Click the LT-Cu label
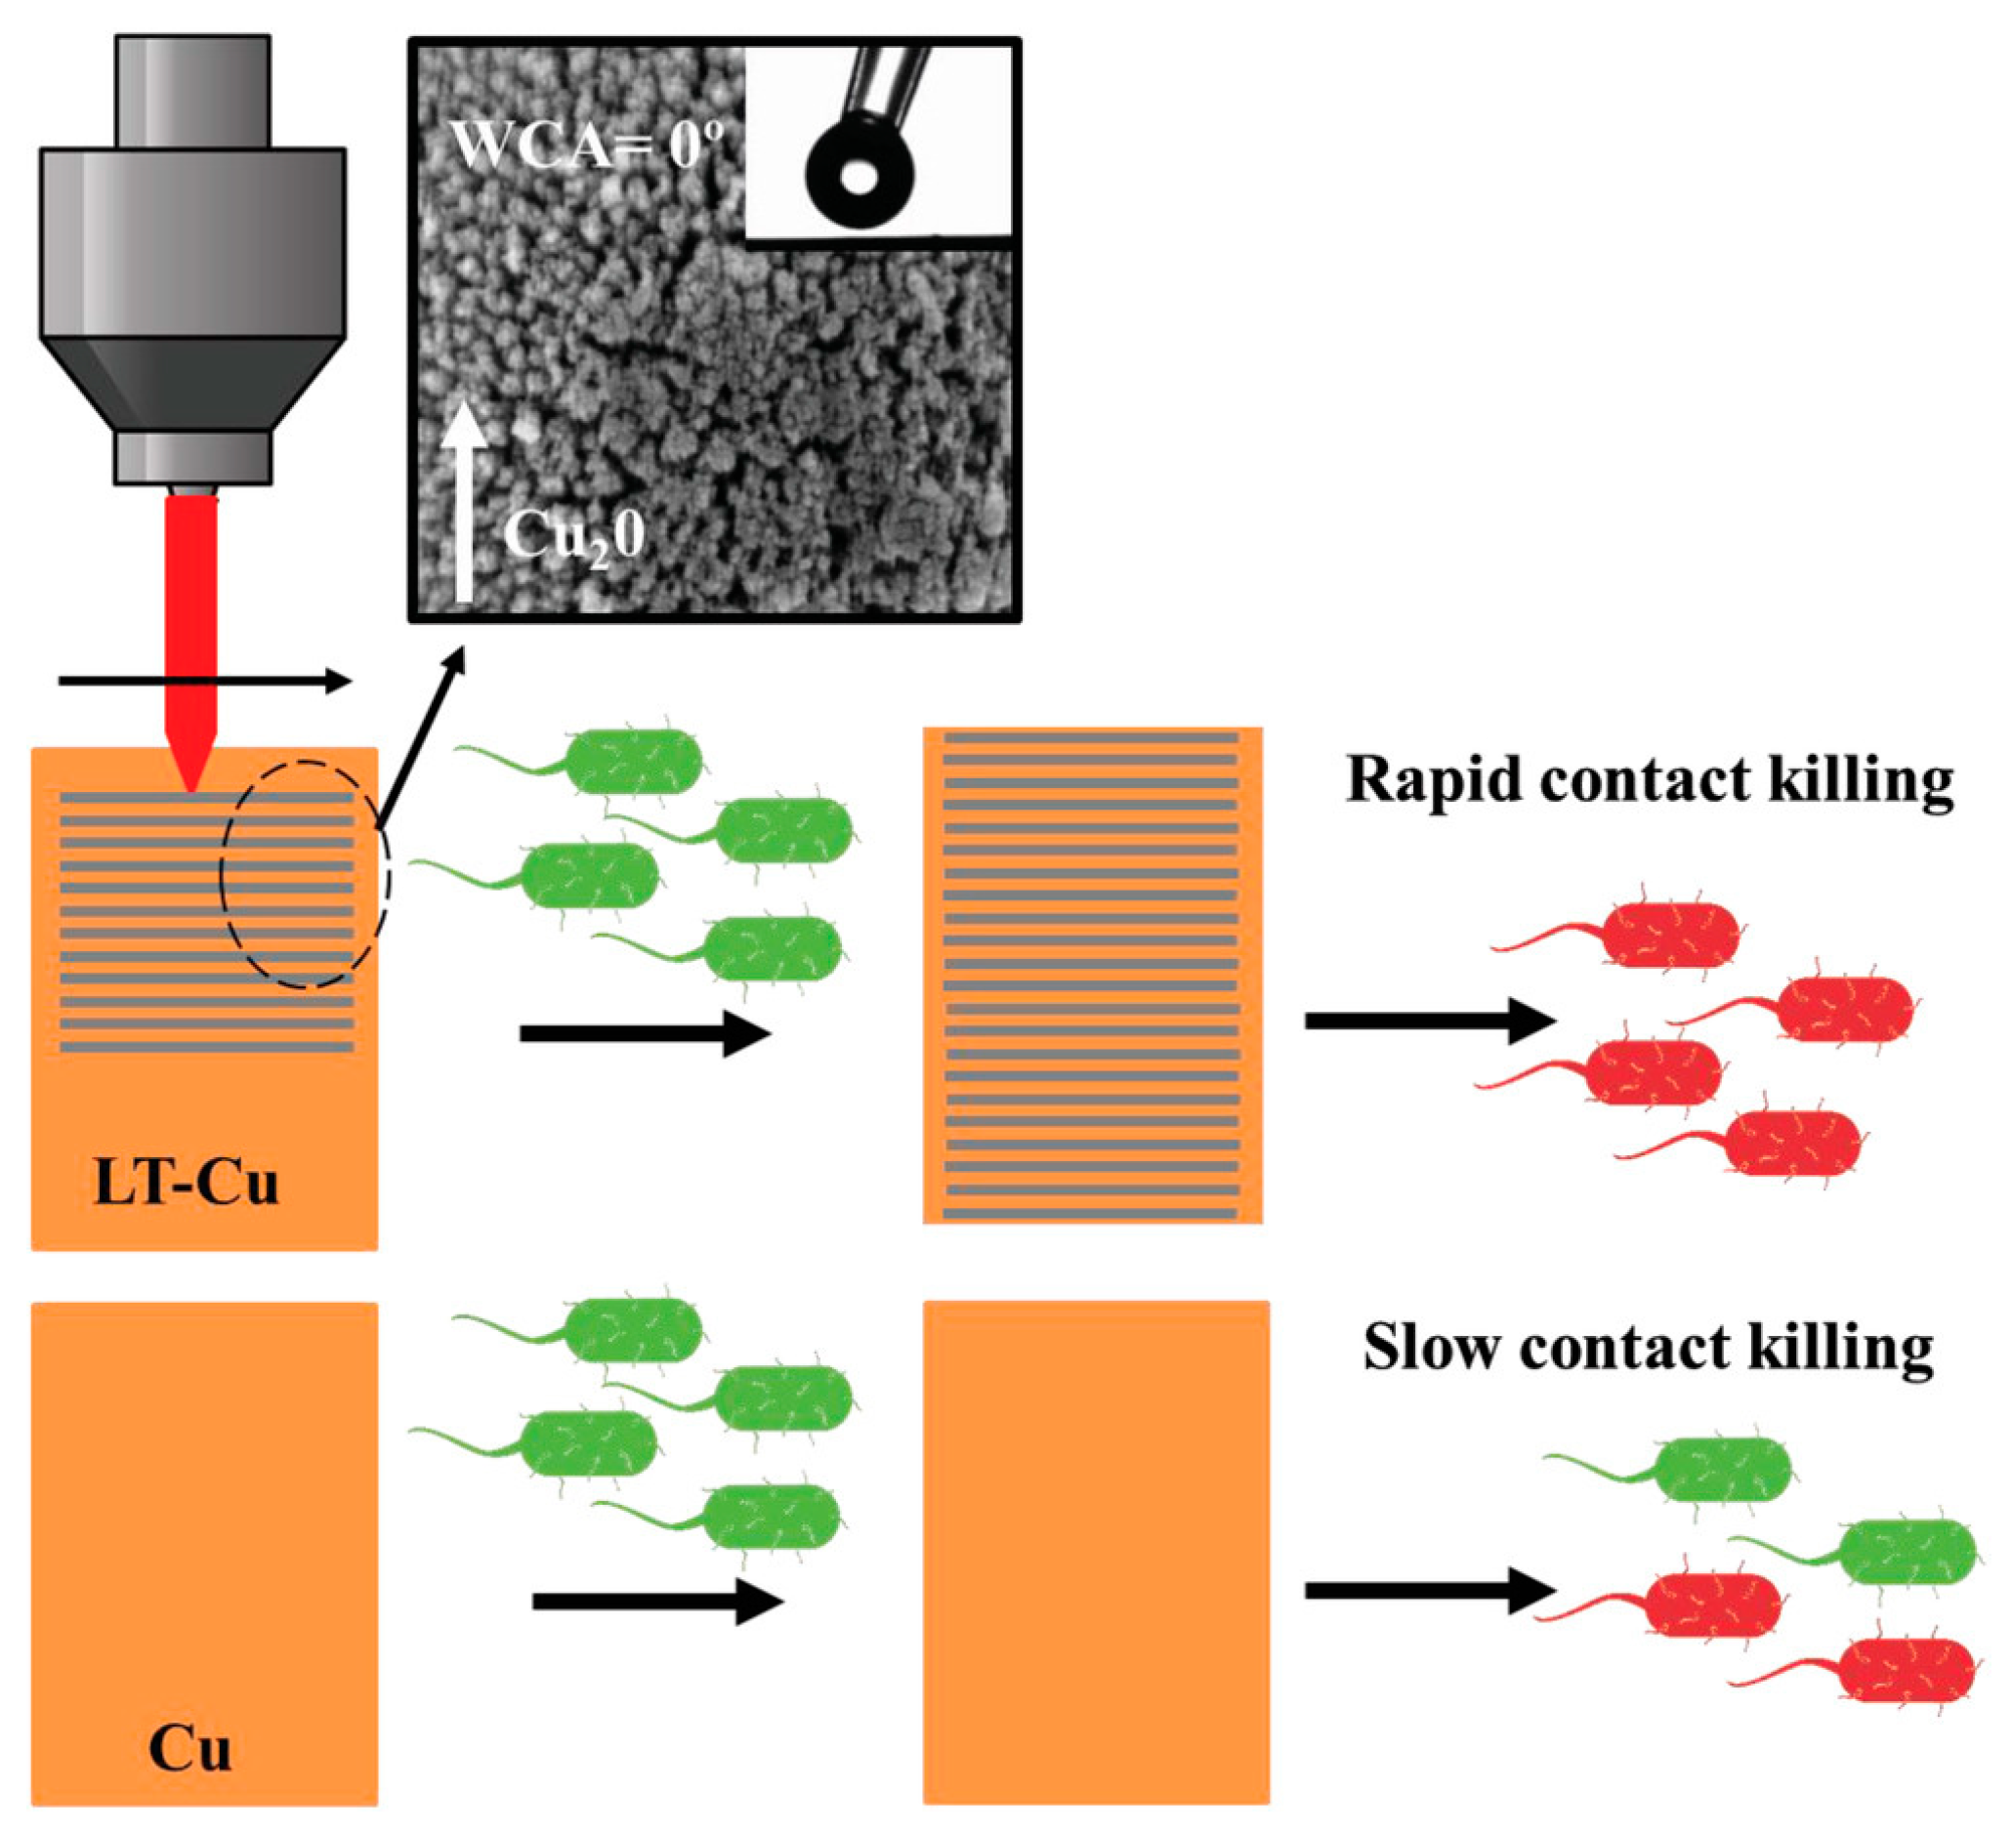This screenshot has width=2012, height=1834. coord(186,1185)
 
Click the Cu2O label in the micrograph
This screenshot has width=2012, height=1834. coord(574,537)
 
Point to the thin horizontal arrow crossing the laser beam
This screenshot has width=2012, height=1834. coord(204,682)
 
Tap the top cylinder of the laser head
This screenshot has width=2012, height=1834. coord(192,92)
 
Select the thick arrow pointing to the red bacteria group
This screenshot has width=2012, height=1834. coord(1429,1021)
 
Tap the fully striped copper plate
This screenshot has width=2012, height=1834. coord(1092,975)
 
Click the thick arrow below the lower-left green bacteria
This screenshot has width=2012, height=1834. coord(656,1603)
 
